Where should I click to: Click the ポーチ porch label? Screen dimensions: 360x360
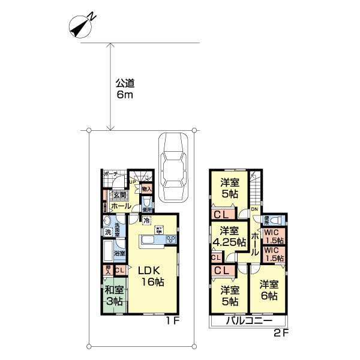110,174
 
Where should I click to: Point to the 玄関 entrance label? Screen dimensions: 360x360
119,194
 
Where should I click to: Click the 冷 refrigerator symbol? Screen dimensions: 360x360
146,220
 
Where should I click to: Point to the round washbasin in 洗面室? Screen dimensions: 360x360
106,220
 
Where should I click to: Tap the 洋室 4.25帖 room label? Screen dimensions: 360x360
229,236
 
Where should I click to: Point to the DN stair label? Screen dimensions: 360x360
254,209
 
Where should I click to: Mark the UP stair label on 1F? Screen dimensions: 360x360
133,181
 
